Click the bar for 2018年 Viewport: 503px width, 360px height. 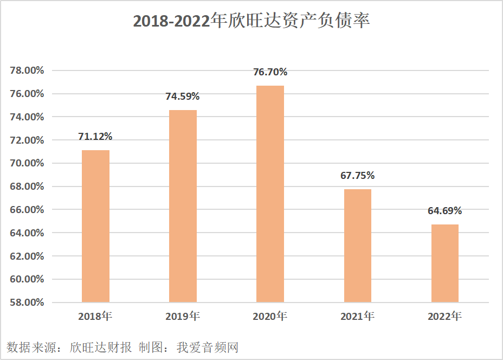pyautogui.click(x=95, y=226)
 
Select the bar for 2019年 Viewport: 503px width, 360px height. pyautogui.click(x=183, y=206)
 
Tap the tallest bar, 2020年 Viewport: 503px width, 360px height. pyautogui.click(x=270, y=194)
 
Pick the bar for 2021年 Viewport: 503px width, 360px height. pyautogui.click(x=357, y=246)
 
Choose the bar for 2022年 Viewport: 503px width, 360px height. pyautogui.click(x=444, y=263)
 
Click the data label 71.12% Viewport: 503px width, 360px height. pyautogui.click(x=95, y=137)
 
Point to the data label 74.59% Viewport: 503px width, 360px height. pyautogui.click(x=183, y=97)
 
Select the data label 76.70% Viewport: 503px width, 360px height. pyautogui.click(x=270, y=72)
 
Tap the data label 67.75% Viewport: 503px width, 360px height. pyautogui.click(x=357, y=176)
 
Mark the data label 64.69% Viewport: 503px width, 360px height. pyautogui.click(x=444, y=211)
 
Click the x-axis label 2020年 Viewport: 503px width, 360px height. pyautogui.click(x=270, y=316)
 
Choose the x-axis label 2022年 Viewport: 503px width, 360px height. pyautogui.click(x=444, y=316)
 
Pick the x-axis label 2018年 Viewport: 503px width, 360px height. pyautogui.click(x=95, y=316)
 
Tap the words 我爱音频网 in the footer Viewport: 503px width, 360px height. pyautogui.click(x=208, y=347)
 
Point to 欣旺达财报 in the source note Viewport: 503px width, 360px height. pyautogui.click(x=101, y=347)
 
